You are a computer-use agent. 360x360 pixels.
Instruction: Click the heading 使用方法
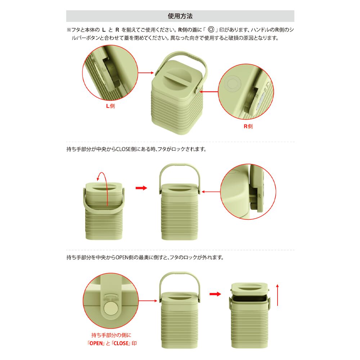pos(180,16)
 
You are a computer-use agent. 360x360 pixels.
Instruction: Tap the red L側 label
pos(111,106)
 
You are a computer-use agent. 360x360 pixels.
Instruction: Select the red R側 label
pos(248,126)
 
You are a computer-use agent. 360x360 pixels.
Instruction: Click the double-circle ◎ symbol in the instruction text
pos(211,30)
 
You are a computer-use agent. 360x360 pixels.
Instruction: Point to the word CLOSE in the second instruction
pos(123,149)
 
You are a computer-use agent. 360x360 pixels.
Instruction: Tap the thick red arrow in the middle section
pos(141,188)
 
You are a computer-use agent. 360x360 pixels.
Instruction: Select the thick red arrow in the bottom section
pos(215,294)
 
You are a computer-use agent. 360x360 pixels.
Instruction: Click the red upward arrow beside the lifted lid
pos(277,295)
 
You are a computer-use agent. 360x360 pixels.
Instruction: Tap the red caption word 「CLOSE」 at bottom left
pos(121,343)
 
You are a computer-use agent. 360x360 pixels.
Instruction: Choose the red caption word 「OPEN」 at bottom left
pos(96,343)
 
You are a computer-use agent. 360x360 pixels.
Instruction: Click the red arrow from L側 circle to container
pos(146,73)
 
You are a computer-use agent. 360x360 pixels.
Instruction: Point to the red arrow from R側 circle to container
pos(209,92)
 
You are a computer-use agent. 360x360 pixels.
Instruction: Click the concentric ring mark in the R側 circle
pos(233,84)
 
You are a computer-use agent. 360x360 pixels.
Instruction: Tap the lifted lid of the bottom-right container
pos(249,289)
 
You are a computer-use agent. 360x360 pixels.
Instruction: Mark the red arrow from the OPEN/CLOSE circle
pos(148,301)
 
